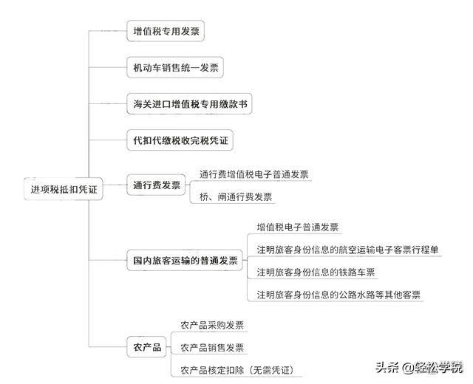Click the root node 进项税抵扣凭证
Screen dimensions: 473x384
click(x=64, y=189)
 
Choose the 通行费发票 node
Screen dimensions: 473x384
click(x=156, y=185)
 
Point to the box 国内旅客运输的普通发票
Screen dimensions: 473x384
click(x=185, y=261)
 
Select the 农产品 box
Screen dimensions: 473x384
click(x=146, y=346)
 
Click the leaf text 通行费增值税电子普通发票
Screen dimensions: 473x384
click(x=254, y=175)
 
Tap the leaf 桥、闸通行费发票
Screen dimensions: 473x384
click(x=236, y=196)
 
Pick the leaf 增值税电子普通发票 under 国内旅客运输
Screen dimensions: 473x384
click(x=298, y=227)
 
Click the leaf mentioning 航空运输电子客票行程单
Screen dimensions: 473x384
click(x=347, y=249)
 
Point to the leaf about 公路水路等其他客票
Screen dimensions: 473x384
click(x=338, y=294)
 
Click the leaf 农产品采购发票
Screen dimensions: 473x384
click(x=212, y=325)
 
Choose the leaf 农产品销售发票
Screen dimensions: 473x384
click(x=212, y=347)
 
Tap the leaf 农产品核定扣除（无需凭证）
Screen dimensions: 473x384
click(x=241, y=369)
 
